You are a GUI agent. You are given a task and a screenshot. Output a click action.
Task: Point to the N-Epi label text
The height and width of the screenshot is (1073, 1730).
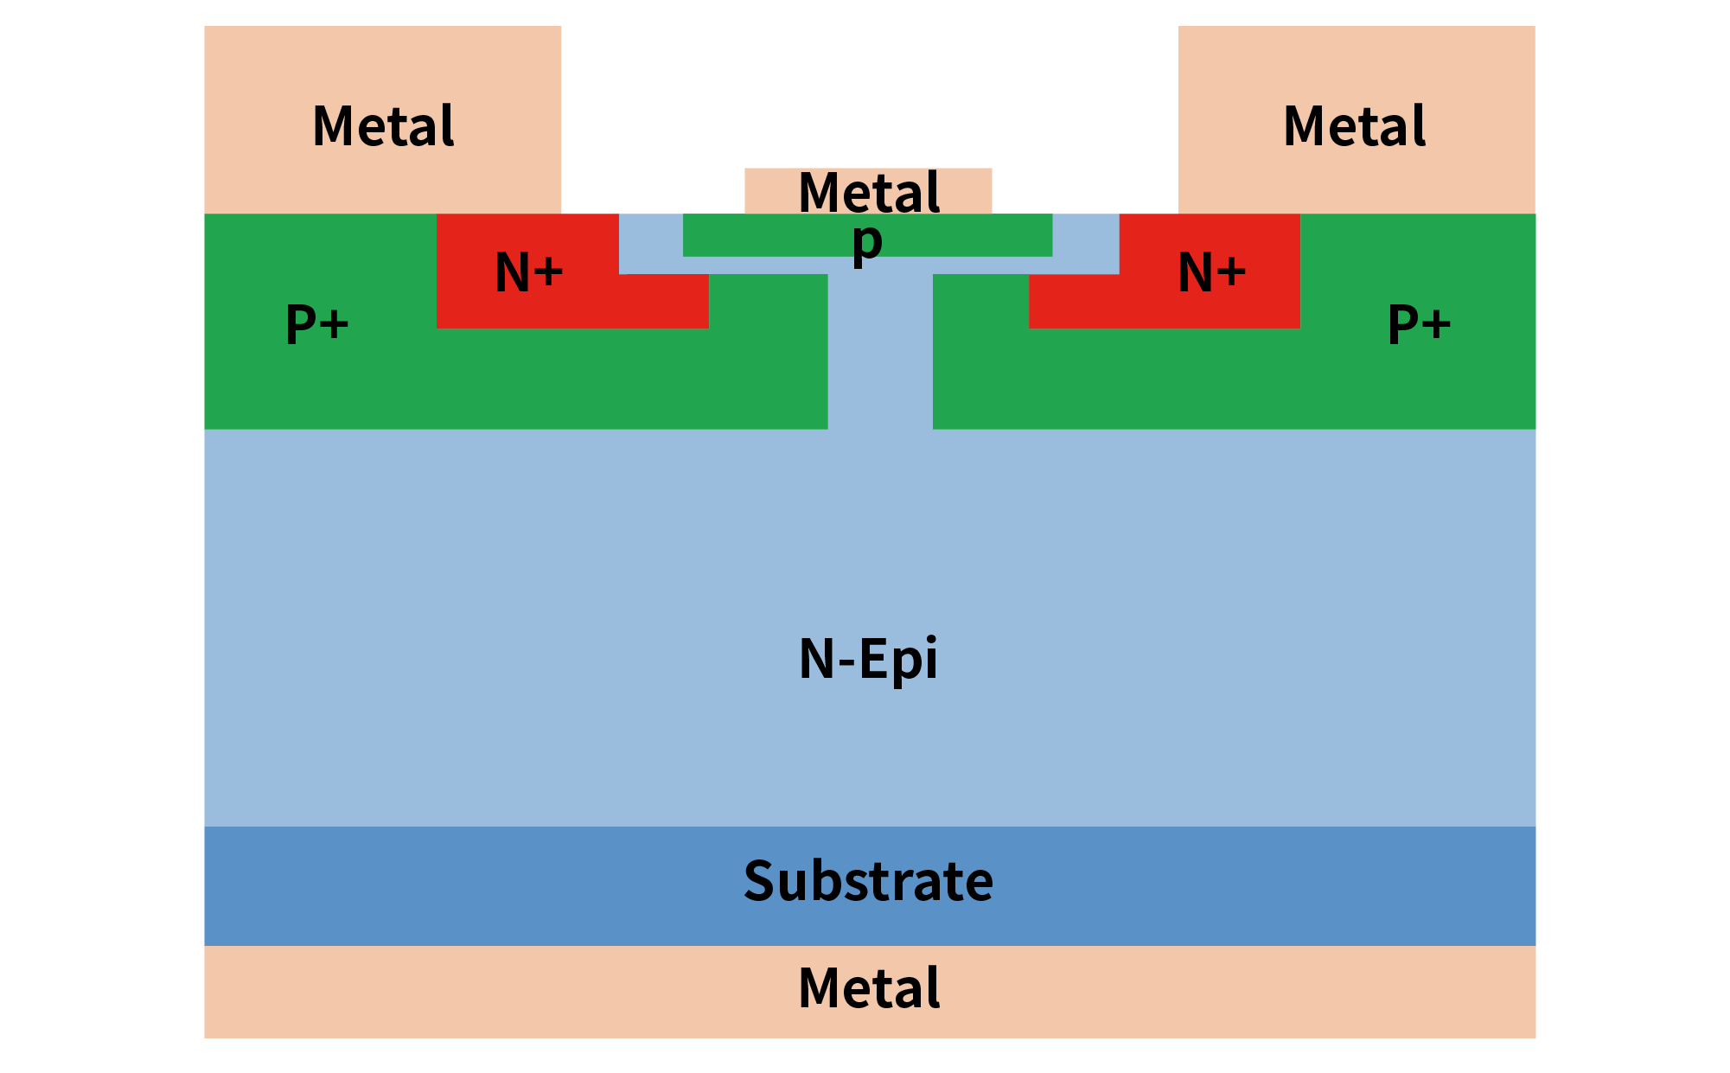[868, 659]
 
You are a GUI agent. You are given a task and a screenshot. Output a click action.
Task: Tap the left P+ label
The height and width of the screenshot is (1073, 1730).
[316, 324]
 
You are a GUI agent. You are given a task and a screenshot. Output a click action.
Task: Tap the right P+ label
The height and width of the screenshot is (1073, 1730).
[1419, 324]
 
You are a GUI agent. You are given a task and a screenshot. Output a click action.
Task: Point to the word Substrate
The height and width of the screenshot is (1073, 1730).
[868, 881]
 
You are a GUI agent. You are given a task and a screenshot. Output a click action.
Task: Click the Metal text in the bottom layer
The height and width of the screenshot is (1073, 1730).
[868, 988]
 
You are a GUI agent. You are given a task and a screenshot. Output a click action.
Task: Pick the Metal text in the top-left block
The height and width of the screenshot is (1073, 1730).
[383, 126]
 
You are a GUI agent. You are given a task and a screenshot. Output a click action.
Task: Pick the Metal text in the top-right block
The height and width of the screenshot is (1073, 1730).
[1354, 126]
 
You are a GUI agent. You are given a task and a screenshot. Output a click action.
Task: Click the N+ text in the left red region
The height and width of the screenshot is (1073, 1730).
[529, 272]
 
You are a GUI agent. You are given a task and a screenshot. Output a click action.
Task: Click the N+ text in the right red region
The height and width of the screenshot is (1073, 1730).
[1212, 272]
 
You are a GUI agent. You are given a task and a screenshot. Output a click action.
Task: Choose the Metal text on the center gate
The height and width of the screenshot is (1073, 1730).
[868, 192]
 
